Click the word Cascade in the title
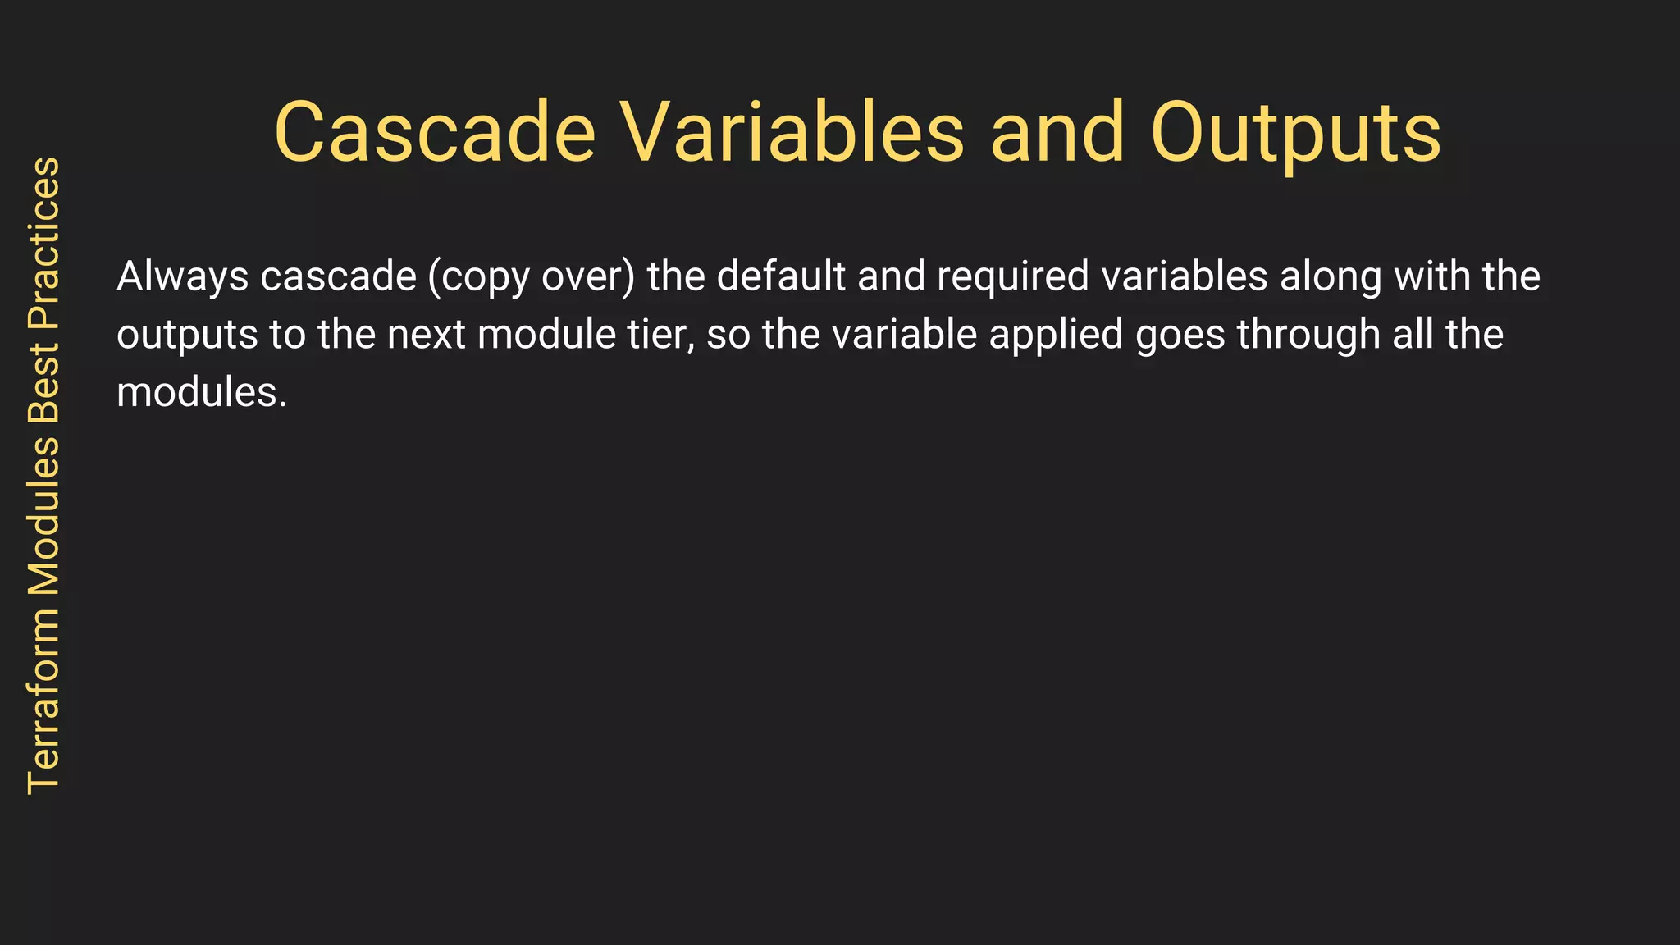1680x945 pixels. point(435,133)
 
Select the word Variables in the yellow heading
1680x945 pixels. point(791,133)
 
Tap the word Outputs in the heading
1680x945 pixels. point(1295,133)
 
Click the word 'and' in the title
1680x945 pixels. point(1057,133)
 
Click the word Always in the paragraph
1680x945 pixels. point(182,276)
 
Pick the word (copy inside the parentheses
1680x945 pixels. point(478,276)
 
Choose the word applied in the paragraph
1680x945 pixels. point(1056,335)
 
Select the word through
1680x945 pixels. point(1308,335)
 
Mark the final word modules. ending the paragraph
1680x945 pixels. point(202,393)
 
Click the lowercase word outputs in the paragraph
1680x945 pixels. point(187,335)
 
